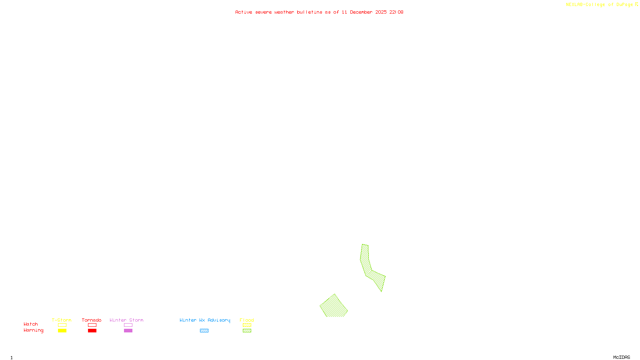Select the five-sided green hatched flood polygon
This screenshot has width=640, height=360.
tap(334, 307)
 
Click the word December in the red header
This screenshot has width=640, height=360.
tap(361, 12)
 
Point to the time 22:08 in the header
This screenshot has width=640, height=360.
tap(396, 12)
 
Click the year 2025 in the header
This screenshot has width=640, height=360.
tap(381, 12)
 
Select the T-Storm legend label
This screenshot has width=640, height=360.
tap(62, 320)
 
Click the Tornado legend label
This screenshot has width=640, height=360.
tap(92, 320)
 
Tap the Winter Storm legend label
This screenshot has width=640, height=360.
tap(126, 320)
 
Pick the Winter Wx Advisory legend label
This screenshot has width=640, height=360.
tap(205, 320)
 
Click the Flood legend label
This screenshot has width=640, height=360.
tap(247, 320)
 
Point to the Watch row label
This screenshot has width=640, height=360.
tap(31, 324)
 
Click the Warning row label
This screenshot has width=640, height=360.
tap(34, 330)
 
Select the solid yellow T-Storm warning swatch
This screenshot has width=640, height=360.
tap(62, 331)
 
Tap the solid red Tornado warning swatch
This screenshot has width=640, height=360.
tap(92, 331)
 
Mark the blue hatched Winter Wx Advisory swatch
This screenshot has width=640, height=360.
tap(204, 331)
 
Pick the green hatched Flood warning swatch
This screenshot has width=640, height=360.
tap(247, 331)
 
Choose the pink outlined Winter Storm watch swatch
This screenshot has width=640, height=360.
tap(128, 325)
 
